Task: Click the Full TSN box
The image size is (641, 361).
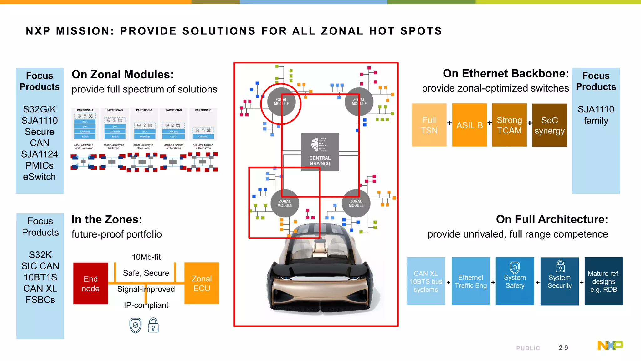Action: [429, 125]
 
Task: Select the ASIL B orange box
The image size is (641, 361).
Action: [469, 125]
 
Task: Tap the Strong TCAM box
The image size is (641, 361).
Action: [509, 125]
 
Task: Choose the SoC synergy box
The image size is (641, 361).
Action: [549, 125]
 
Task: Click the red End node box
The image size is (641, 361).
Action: [90, 283]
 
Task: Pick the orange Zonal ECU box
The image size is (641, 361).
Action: [202, 283]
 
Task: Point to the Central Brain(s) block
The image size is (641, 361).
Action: [320, 152]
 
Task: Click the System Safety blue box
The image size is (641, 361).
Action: [515, 281]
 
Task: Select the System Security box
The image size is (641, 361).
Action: [559, 281]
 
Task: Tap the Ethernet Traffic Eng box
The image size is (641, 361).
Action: [470, 281]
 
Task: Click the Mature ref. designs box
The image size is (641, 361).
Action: [603, 281]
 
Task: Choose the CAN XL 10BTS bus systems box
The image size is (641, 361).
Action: [426, 281]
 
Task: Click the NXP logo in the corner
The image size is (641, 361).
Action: [610, 345]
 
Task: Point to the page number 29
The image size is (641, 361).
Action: [563, 348]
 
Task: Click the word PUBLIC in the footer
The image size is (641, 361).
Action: [528, 348]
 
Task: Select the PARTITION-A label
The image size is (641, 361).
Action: [85, 110]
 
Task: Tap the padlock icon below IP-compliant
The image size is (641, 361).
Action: [153, 325]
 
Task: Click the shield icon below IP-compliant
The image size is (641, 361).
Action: [136, 326]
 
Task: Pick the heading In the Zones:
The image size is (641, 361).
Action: [107, 219]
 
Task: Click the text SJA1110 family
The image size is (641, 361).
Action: [596, 115]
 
